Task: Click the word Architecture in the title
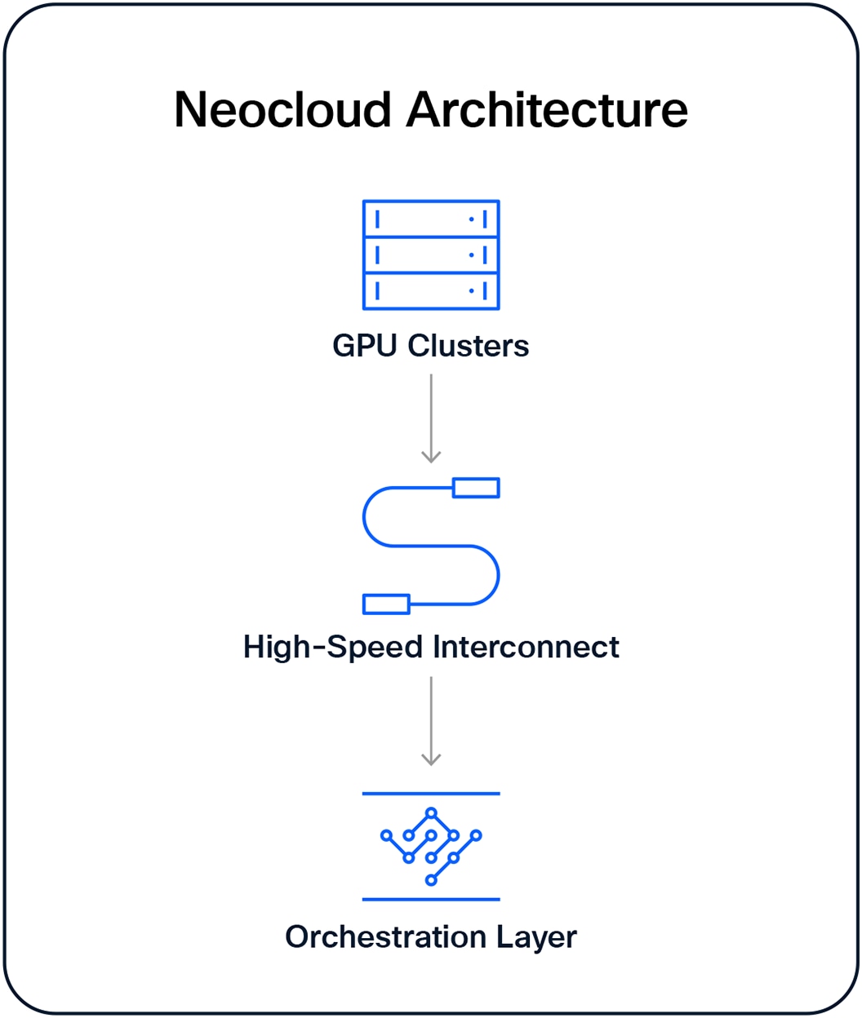548,109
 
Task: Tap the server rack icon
431,255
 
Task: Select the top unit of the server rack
431,219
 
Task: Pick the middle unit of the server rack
431,255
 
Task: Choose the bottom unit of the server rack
431,291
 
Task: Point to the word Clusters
469,346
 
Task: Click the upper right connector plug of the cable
476,488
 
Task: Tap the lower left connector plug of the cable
386,604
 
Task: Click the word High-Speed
335,647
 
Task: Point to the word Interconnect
526,647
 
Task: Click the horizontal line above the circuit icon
431,794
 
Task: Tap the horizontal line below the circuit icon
431,900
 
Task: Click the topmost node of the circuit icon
432,812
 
